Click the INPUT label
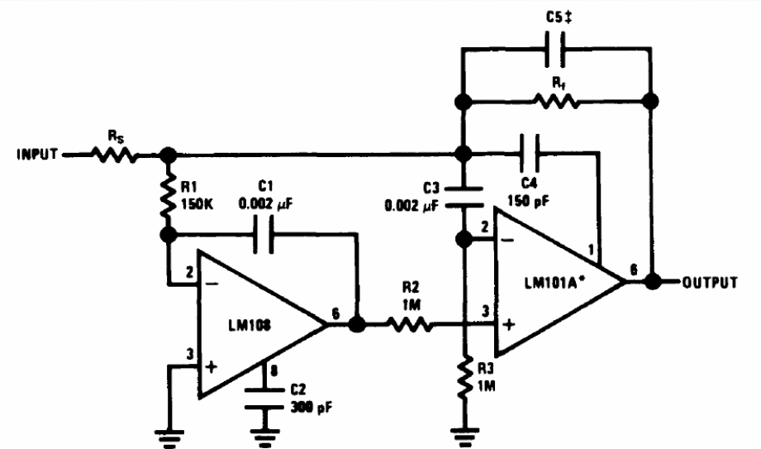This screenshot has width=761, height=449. (37, 155)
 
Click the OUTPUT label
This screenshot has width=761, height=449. (710, 282)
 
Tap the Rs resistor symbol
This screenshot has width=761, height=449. (114, 155)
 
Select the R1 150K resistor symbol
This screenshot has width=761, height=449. (169, 195)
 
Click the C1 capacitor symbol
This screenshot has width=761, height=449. (263, 235)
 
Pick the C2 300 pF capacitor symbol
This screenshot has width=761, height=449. (264, 399)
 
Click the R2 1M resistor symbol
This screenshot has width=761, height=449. (409, 324)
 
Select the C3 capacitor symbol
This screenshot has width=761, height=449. (464, 197)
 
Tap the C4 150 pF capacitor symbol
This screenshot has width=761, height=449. (529, 153)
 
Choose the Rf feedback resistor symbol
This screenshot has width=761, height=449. (556, 101)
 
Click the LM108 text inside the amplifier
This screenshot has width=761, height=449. (250, 325)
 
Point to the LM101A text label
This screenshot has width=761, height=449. (554, 282)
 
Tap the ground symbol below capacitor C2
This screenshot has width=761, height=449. (264, 437)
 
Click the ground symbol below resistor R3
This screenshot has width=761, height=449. (464, 437)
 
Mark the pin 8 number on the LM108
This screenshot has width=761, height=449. (274, 372)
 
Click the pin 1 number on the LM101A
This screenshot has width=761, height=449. (591, 251)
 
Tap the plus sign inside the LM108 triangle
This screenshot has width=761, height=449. (212, 366)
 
